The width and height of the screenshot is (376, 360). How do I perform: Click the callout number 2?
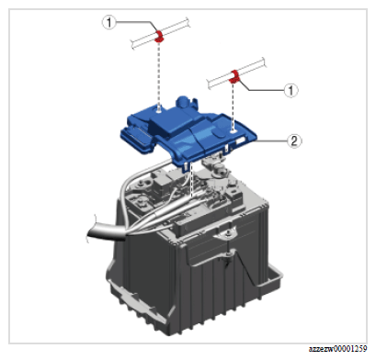pyautogui.click(x=294, y=141)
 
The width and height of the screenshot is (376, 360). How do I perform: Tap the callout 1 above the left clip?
pyautogui.click(x=108, y=22)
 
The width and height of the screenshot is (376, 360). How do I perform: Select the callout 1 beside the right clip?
pyautogui.click(x=291, y=90)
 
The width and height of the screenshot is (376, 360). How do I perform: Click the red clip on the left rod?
pyautogui.click(x=159, y=36)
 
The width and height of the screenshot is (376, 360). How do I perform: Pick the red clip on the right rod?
pyautogui.click(x=234, y=76)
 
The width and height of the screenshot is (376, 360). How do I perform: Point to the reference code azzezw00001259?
pyautogui.click(x=337, y=349)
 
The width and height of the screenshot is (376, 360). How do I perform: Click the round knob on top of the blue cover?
pyautogui.click(x=182, y=101)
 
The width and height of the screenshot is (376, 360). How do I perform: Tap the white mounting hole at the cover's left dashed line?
pyautogui.click(x=159, y=112)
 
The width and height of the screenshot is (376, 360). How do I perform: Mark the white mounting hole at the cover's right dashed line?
pyautogui.click(x=234, y=131)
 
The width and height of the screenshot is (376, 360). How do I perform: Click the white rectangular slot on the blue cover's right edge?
pyautogui.click(x=241, y=141)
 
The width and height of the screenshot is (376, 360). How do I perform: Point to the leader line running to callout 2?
pyautogui.click(x=271, y=141)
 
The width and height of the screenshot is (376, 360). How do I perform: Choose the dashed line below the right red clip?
pyautogui.click(x=234, y=107)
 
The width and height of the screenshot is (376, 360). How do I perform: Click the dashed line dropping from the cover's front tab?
pyautogui.click(x=191, y=181)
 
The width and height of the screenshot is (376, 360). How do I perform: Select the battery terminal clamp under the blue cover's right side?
pyautogui.click(x=218, y=170)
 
